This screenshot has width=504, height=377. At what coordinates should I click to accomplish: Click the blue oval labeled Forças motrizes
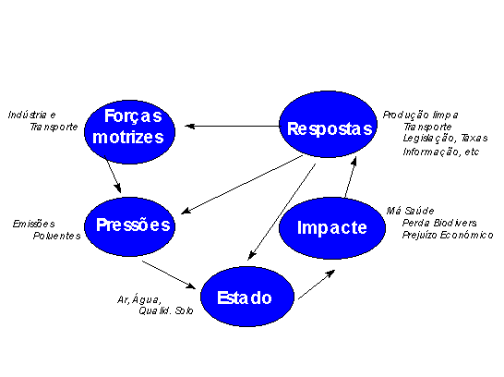coord(129,131)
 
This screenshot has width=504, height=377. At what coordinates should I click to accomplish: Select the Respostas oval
coord(328,124)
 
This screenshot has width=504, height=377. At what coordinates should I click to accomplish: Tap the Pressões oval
coord(129,226)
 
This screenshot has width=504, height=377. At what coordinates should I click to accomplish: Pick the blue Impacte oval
coord(332,227)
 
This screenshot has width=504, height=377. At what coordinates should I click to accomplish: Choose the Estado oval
coord(247,297)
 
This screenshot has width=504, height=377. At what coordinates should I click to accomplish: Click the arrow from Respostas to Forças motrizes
coord(232,126)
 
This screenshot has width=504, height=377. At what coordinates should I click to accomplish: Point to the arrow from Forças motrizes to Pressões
coord(113,175)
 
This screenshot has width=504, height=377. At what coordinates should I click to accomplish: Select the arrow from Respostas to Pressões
coord(242,185)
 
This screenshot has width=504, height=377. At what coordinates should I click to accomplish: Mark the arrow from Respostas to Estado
coord(282,212)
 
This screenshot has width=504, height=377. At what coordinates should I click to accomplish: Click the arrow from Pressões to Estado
coord(169,274)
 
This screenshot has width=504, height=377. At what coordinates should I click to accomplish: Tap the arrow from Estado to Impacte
coord(317,285)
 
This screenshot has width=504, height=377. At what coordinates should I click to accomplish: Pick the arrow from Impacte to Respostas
coord(351,176)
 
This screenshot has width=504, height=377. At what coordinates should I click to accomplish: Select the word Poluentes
coord(57,236)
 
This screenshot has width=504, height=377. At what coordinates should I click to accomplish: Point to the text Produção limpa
coord(420,116)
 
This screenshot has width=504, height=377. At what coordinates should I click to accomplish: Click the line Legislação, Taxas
coord(446,139)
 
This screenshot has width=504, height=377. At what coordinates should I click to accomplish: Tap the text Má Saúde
coord(410,211)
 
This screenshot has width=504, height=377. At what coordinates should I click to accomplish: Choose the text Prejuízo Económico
coord(448,235)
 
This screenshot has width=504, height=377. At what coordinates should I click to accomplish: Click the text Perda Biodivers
coord(439,223)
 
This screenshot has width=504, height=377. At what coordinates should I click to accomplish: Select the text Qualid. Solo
coord(166,310)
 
